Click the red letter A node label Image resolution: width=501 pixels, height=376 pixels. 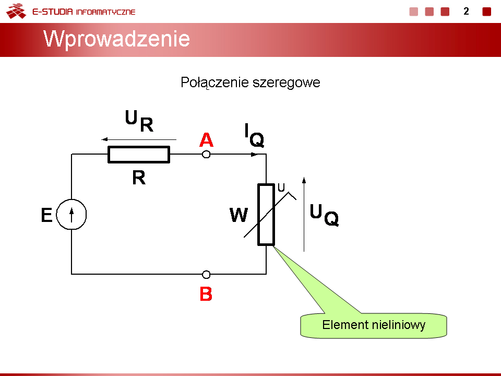point(207,140)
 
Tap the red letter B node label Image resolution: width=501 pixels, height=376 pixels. point(206,294)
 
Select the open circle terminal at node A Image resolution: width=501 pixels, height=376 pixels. point(207,155)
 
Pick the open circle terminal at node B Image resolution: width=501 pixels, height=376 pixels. point(207,275)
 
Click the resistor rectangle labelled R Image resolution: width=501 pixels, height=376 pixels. point(139,155)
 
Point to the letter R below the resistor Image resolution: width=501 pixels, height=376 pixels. point(139,178)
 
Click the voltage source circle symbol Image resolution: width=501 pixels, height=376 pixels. point(71,214)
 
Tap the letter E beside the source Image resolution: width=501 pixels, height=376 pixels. point(46,215)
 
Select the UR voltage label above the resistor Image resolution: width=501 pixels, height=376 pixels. point(139,121)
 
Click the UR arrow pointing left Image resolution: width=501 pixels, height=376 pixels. point(139,139)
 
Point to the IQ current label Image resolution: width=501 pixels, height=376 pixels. point(254,135)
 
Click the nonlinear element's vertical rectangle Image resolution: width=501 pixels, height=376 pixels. point(266,215)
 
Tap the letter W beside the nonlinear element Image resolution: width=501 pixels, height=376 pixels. point(238,215)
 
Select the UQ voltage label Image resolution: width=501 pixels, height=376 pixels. point(324,215)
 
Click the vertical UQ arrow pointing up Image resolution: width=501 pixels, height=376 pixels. point(304,214)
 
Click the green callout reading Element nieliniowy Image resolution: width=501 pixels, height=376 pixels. point(374,325)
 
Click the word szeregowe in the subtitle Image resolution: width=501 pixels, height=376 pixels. point(287,83)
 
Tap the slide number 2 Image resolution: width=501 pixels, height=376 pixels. point(466,11)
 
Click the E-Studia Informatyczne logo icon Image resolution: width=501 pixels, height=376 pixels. point(16,11)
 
